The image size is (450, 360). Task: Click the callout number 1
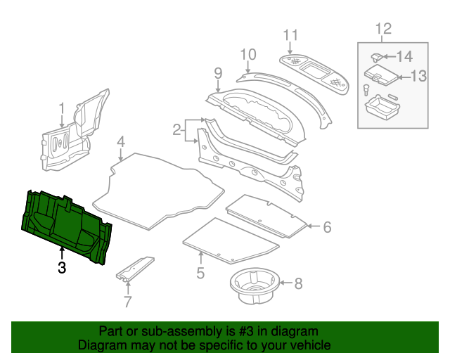pos(61,108)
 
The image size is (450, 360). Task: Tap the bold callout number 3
pos(62,267)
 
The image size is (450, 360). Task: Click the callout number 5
pos(200,273)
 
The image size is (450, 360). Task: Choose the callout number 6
pos(326,227)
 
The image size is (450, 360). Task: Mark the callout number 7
pos(127,303)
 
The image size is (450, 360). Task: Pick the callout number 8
pos(298,284)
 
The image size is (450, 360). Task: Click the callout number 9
pos(218,73)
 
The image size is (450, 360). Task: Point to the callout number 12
pos(383,29)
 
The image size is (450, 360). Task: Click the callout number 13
pos(418,77)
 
